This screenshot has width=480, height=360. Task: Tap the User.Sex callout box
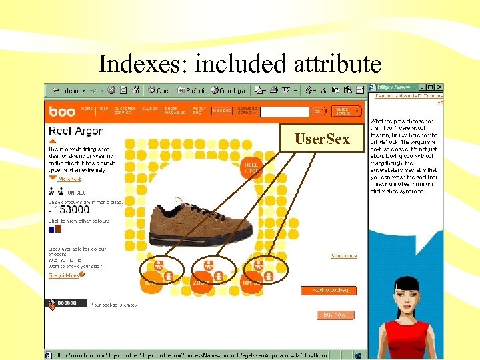[322, 139]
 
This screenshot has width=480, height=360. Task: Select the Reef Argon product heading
[75, 131]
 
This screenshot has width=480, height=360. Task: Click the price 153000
[73, 209]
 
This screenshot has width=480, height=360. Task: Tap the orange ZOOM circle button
[201, 283]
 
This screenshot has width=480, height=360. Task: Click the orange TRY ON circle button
[251, 283]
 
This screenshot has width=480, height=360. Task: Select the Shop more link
[344, 255]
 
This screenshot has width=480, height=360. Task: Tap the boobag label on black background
[67, 303]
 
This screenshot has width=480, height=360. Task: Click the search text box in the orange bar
[284, 111]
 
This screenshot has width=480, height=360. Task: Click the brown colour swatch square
[58, 229]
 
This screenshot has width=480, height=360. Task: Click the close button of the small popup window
[439, 87]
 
